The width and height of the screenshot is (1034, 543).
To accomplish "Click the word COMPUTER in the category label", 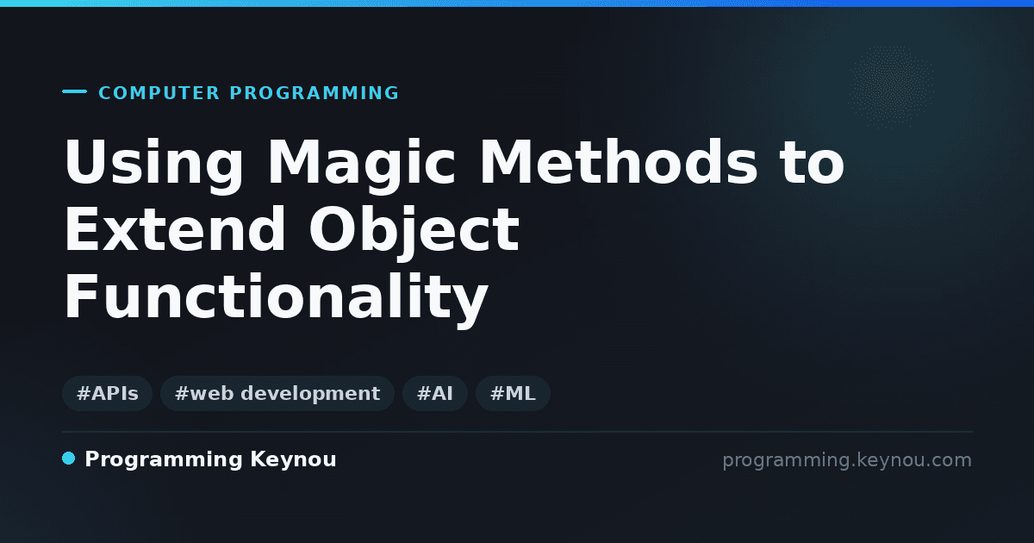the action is click(159, 93).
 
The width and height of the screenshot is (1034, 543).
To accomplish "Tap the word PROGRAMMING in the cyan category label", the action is click(314, 93).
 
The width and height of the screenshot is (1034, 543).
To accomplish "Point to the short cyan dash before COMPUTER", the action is click(74, 91).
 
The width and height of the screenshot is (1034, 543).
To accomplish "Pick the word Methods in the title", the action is click(619, 162).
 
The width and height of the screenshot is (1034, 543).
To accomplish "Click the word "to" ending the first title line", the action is click(812, 164).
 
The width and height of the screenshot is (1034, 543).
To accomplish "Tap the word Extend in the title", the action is click(175, 229).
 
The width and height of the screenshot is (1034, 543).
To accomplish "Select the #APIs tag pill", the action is click(107, 393).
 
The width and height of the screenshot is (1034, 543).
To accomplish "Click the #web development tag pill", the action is click(277, 393).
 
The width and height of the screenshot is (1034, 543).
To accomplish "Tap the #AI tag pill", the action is click(435, 393).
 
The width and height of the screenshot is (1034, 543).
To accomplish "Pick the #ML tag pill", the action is click(513, 393).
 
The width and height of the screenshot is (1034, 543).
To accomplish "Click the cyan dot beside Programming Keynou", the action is click(69, 459).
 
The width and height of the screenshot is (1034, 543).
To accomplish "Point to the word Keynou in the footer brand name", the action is click(293, 459).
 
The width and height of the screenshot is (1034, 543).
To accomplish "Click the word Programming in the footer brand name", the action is click(164, 460).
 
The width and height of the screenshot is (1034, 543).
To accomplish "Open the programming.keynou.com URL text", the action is click(847, 460).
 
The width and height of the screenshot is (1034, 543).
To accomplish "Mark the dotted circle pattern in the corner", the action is click(891, 87).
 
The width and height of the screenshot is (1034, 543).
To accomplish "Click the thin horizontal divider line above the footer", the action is click(517, 432).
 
